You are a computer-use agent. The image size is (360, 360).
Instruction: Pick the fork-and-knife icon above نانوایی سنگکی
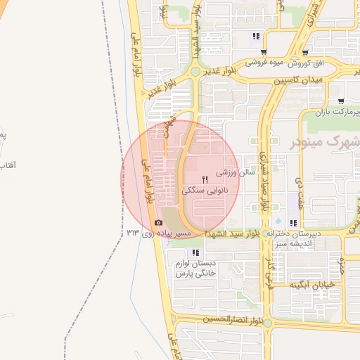point(205,178)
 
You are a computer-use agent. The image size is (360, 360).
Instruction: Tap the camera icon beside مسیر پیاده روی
point(157,224)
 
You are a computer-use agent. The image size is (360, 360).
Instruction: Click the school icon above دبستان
point(196,252)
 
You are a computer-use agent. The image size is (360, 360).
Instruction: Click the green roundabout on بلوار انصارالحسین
point(267,323)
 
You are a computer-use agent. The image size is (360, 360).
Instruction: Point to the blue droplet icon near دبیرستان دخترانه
point(278,220)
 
